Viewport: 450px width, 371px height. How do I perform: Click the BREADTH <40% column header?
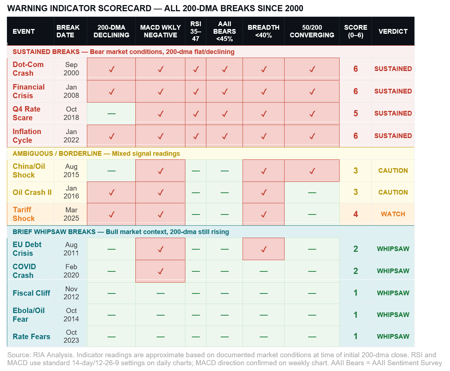click(x=264, y=31)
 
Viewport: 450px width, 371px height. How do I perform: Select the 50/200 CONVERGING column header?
click(x=312, y=31)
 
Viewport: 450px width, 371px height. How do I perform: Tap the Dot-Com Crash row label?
click(x=28, y=69)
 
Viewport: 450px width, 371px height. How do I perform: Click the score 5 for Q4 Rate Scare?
click(x=356, y=113)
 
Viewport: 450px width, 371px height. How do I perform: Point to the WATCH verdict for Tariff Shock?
click(x=393, y=214)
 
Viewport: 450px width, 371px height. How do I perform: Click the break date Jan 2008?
click(x=71, y=91)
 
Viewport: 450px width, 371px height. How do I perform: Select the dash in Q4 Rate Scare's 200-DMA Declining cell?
click(x=112, y=114)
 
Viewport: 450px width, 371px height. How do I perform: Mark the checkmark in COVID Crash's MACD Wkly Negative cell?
click(x=160, y=271)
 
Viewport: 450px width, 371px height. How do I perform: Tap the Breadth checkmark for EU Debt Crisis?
click(x=264, y=249)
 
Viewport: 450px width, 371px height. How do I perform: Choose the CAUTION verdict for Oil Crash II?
click(x=393, y=192)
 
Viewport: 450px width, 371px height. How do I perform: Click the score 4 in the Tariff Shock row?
click(x=356, y=214)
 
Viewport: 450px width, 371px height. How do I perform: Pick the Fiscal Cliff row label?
click(x=31, y=293)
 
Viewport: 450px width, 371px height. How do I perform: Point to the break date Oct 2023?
click(x=71, y=336)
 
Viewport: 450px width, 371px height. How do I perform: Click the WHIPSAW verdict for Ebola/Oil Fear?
click(x=393, y=315)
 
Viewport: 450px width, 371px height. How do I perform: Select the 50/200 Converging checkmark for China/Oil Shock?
click(x=312, y=171)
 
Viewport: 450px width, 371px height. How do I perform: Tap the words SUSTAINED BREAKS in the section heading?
click(x=46, y=52)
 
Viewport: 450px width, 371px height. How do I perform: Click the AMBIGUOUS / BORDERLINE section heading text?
click(x=57, y=154)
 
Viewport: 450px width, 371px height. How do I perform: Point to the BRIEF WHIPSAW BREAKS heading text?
click(x=54, y=232)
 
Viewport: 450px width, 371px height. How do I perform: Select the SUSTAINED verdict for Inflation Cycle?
click(x=393, y=136)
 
